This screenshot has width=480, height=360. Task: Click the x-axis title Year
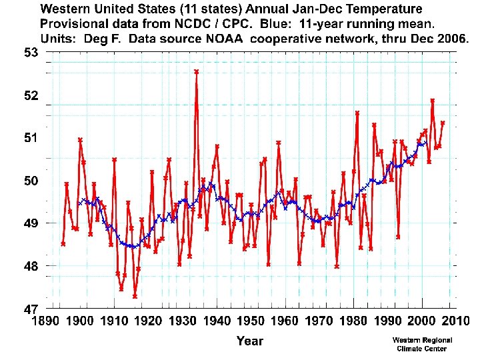coord(250,341)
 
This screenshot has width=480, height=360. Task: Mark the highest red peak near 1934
coord(196,71)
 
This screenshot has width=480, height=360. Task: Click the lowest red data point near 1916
coord(135,296)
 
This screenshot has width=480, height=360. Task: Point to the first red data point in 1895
coord(63,244)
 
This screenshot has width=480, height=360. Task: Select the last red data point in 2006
coord(443,123)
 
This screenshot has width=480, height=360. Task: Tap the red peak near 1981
coord(357,113)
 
